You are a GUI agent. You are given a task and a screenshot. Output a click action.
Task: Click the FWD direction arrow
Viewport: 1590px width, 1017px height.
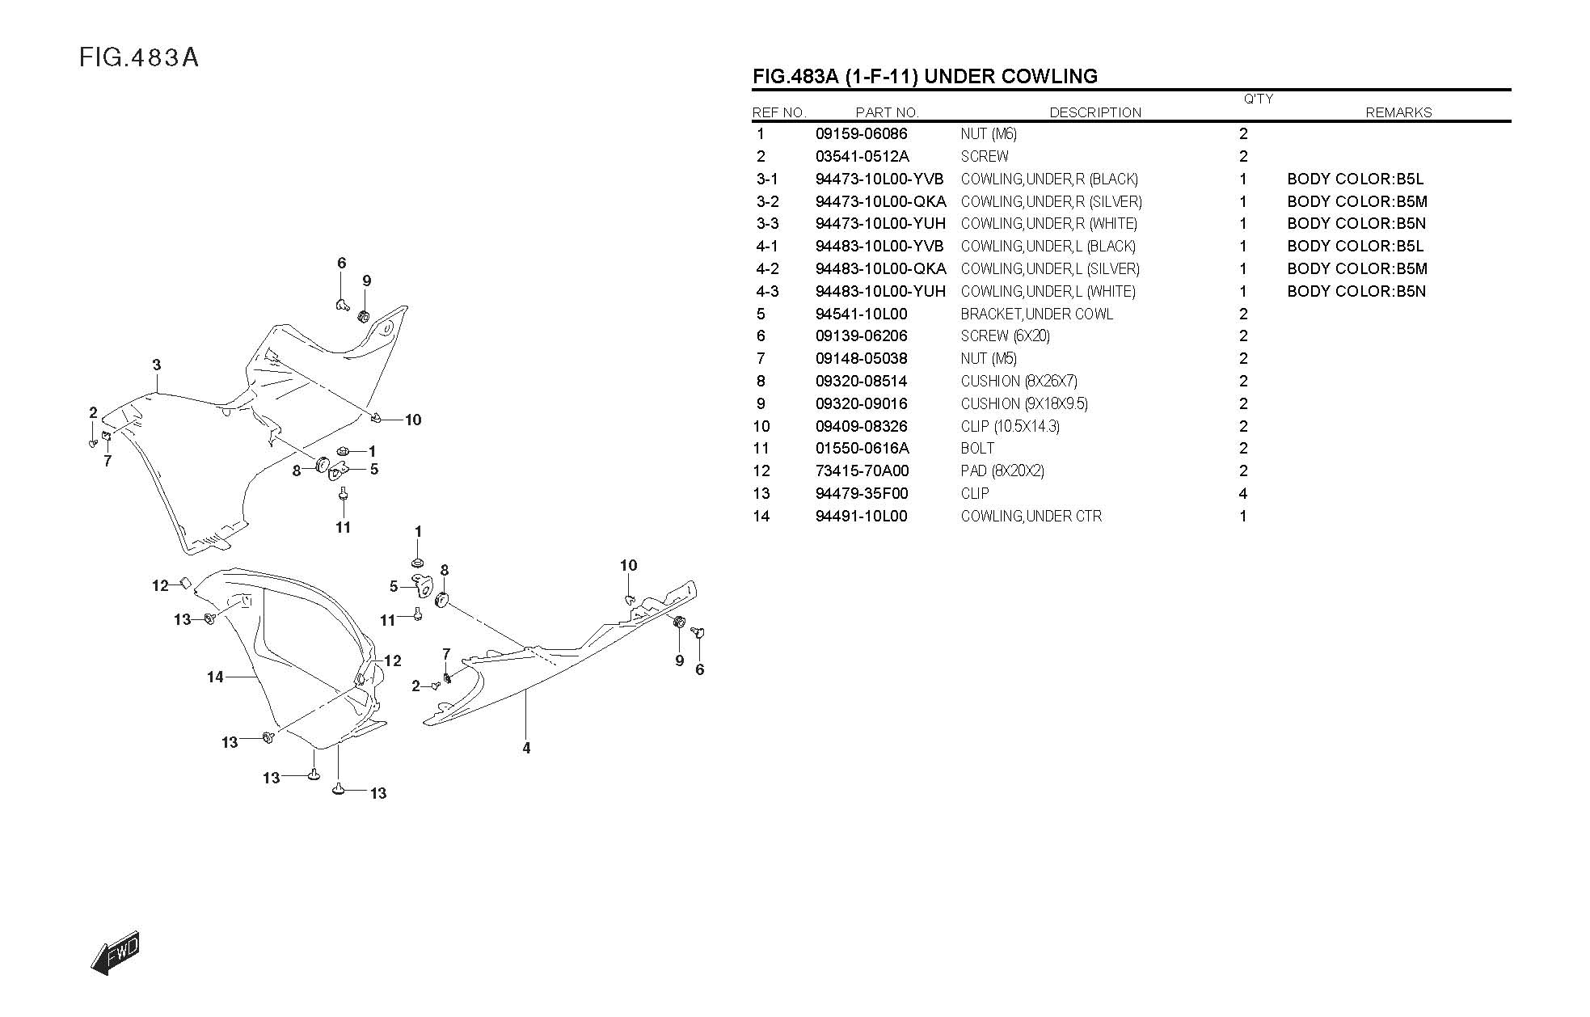[116, 955]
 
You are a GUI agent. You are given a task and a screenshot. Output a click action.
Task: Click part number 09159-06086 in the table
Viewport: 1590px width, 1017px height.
[861, 134]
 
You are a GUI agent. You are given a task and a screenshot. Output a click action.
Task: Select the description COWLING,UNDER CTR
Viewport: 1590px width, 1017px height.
[1031, 517]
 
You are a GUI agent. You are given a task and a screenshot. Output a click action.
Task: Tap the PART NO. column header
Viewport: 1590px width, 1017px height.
[887, 113]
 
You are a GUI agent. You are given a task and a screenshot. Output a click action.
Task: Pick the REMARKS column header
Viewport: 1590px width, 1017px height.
[1398, 113]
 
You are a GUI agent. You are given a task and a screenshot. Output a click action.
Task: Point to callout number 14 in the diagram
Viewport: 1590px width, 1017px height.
[215, 677]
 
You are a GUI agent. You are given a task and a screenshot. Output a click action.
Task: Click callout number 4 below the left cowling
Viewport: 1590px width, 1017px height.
[526, 749]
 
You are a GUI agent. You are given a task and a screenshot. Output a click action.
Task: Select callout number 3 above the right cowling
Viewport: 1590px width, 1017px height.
[157, 365]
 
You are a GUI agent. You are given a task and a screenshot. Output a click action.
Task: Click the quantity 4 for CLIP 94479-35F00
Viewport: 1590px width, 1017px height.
[1242, 494]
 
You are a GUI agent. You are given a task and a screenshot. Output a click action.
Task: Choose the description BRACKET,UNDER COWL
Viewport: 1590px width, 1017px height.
[1036, 314]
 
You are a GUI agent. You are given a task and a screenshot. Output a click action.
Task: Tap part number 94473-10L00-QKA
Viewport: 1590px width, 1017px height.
[880, 202]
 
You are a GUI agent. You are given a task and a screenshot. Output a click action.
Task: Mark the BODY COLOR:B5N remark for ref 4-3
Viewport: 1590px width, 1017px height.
[1356, 292]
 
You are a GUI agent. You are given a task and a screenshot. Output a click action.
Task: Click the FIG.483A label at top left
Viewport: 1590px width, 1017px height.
[139, 58]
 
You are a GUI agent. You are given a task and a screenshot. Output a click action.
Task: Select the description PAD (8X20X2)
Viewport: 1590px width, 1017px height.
[1002, 471]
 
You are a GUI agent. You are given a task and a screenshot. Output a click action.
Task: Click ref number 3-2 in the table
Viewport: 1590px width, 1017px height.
[767, 202]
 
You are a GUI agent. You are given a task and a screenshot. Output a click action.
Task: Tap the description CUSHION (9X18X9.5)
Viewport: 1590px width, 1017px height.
[1024, 404]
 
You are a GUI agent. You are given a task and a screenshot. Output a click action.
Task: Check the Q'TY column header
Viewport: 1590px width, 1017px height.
[1258, 99]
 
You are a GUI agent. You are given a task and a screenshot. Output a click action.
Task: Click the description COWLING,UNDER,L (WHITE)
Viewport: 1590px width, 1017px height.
[1048, 292]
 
